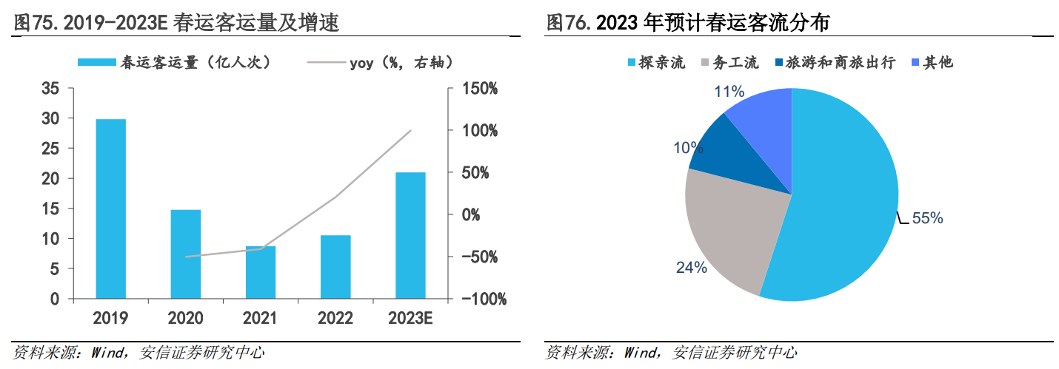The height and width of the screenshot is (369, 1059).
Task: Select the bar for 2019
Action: click(x=110, y=209)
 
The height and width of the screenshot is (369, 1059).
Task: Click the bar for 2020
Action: click(x=185, y=254)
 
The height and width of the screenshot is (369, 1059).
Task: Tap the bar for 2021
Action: click(x=261, y=273)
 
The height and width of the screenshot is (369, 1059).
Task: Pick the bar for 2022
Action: click(x=335, y=267)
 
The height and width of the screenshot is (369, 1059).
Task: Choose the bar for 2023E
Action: click(x=410, y=236)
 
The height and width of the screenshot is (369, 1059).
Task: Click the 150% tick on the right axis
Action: click(x=480, y=89)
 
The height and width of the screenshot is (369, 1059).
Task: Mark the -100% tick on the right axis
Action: click(x=483, y=299)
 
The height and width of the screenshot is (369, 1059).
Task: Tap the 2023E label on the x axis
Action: click(x=410, y=319)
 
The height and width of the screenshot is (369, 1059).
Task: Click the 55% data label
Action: click(x=926, y=218)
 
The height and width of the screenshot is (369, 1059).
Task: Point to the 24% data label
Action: click(x=691, y=268)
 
